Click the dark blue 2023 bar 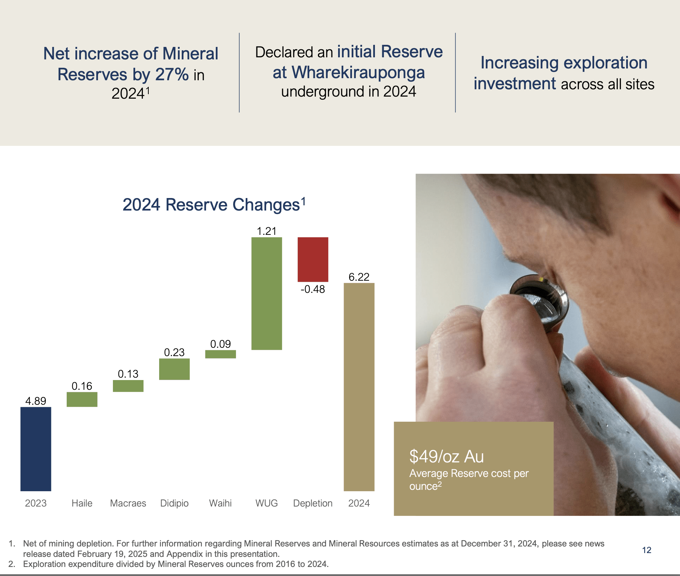tap(36, 449)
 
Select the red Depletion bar tap(313, 259)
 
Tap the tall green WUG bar tap(267, 294)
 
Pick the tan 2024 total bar tap(359, 387)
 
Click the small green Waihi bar tap(220, 354)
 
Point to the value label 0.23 tap(174, 352)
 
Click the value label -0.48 tap(313, 289)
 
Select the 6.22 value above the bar tap(359, 277)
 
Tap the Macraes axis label tap(128, 503)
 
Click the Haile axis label tap(82, 503)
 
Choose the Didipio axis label tap(174, 503)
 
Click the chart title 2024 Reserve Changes tap(211, 205)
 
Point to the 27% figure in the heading tap(172, 74)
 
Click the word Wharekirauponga tap(358, 72)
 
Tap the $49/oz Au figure tap(446, 456)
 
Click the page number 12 tap(646, 550)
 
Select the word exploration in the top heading tap(605, 63)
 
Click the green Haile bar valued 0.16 tap(82, 399)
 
